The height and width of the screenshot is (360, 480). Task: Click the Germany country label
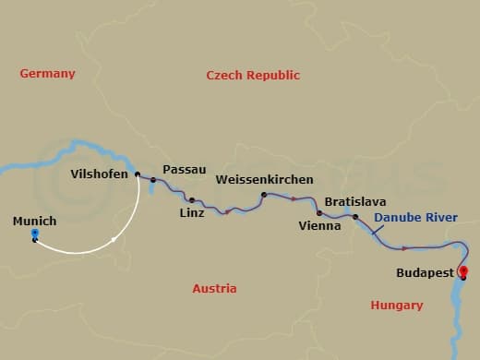(47, 74)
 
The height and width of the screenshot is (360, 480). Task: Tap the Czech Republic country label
(253, 75)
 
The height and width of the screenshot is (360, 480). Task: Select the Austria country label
(214, 289)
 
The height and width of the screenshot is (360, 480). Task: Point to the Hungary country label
(396, 305)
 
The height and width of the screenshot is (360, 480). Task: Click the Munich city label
(34, 222)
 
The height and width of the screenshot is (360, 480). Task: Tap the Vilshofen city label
(99, 174)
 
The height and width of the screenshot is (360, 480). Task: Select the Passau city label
(178, 170)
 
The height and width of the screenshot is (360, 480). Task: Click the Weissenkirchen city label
(264, 179)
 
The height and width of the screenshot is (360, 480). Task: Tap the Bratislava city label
(355, 201)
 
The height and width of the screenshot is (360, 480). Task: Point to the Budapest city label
(424, 273)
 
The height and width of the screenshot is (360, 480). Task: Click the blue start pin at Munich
(34, 234)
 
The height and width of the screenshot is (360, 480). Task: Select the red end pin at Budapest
(463, 271)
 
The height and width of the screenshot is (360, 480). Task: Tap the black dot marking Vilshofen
(138, 174)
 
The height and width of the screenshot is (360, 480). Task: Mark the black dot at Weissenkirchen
(264, 195)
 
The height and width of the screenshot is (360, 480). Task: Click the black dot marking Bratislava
(355, 217)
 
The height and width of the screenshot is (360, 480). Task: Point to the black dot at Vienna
(319, 212)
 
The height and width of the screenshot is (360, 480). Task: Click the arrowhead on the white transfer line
(113, 240)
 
